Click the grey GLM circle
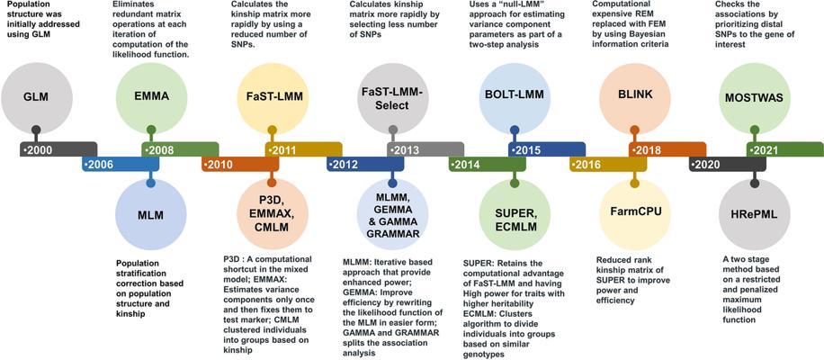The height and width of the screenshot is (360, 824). click(x=35, y=98)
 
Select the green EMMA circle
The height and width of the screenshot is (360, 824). click(x=151, y=98)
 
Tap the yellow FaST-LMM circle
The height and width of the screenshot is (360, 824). click(x=272, y=98)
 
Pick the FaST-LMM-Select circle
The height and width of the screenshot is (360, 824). click(x=392, y=98)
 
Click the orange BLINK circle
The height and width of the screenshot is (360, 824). click(x=634, y=98)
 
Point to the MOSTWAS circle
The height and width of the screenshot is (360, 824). click(x=755, y=98)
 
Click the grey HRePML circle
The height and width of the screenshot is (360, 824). click(x=755, y=215)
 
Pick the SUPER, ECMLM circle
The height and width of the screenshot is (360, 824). click(x=514, y=215)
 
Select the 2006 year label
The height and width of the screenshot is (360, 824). click(x=99, y=165)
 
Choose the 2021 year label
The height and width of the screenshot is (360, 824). click(x=764, y=149)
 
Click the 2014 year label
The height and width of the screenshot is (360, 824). click(x=465, y=165)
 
